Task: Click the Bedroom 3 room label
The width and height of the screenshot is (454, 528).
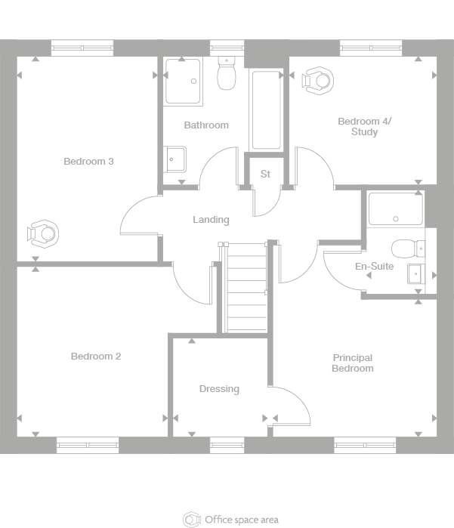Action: coord(88,161)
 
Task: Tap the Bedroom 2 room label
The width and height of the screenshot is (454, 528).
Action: coord(96,357)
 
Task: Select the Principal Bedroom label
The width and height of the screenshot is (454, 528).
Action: coord(353,363)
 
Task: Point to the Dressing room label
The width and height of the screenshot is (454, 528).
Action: coord(219,389)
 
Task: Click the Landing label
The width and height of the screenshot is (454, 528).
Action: coord(211,220)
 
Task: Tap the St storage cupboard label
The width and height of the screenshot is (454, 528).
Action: coord(265,174)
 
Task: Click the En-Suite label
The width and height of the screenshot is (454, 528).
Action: coord(375,267)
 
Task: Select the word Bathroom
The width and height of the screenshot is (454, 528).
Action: coord(206,125)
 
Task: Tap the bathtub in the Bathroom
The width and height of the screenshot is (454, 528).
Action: coord(266,110)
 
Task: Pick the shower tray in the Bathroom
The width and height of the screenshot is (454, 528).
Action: coord(182,81)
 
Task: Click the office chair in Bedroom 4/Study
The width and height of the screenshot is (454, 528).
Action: coord(318,80)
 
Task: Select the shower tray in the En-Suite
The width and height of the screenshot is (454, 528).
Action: coord(395,208)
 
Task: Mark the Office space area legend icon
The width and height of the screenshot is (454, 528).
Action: coord(192,520)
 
